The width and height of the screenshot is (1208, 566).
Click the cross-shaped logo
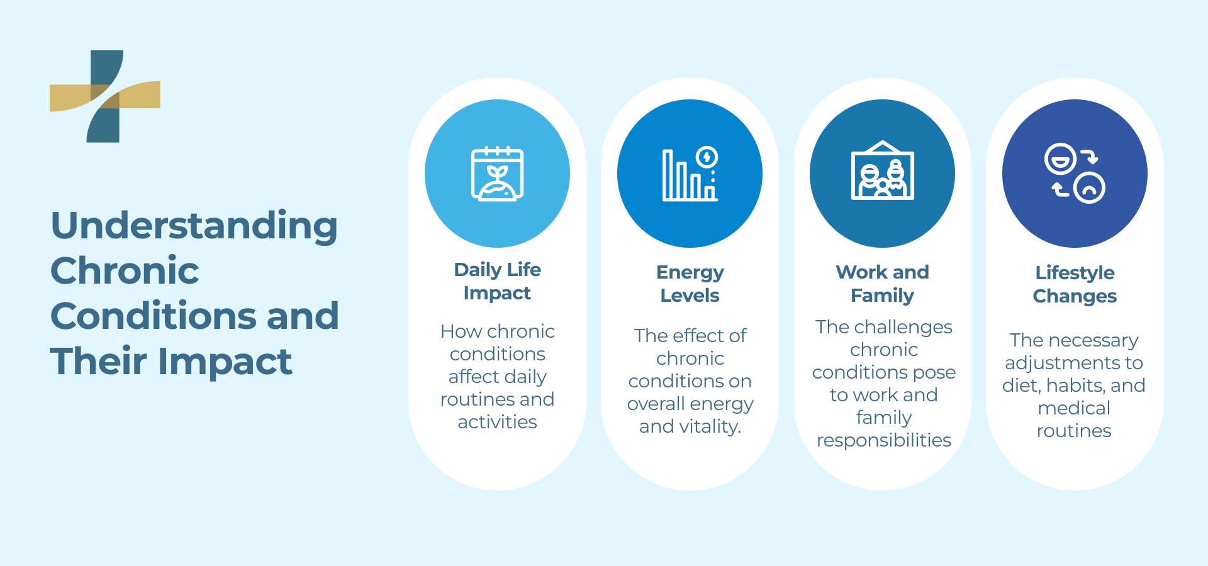point(105,96)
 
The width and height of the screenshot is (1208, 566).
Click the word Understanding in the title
point(194,226)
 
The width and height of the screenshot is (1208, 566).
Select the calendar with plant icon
point(497,174)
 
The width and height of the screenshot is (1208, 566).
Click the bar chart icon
point(690,174)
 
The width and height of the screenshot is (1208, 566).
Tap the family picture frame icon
point(882,171)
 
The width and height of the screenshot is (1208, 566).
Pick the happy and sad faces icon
point(1075,173)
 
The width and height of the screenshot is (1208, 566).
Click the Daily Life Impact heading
point(497,281)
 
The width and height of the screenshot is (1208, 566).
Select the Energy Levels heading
point(690,284)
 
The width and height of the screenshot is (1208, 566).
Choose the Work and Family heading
point(882,284)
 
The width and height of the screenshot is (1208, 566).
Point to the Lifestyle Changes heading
point(1075,284)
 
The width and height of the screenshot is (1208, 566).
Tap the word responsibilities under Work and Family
point(883,440)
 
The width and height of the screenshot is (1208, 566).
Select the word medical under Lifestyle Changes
point(1074,408)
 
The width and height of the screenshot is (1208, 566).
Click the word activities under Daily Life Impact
point(497,422)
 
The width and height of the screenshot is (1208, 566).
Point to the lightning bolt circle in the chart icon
point(707,157)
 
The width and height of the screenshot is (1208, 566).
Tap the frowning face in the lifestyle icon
point(1089,187)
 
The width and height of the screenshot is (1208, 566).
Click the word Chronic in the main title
point(125,271)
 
